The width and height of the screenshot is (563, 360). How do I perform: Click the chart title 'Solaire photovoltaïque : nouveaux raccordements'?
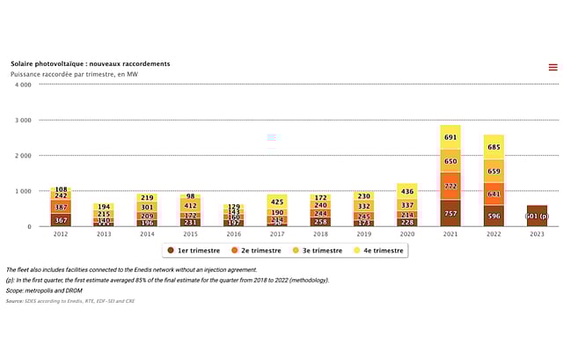pyautogui.click(x=91, y=64)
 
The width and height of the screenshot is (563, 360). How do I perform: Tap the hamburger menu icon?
pyautogui.click(x=552, y=67)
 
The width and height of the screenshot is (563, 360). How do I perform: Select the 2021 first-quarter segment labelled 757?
pyautogui.click(x=450, y=213)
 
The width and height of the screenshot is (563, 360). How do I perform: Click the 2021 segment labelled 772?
pyautogui.click(x=450, y=187)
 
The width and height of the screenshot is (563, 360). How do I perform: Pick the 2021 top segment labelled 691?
pyautogui.click(x=450, y=137)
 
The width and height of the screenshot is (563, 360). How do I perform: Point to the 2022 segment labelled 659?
pyautogui.click(x=494, y=172)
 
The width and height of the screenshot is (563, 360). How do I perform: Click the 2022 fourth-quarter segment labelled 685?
pyautogui.click(x=494, y=147)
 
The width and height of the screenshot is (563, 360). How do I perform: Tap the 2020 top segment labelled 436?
pyautogui.click(x=407, y=191)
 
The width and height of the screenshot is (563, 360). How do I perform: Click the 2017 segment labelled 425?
pyautogui.click(x=277, y=202)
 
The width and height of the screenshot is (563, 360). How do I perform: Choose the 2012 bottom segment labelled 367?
pyautogui.click(x=61, y=220)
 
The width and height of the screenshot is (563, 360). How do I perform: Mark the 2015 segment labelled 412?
pyautogui.click(x=191, y=205)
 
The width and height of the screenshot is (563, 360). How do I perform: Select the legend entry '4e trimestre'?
pyautogui.click(x=375, y=251)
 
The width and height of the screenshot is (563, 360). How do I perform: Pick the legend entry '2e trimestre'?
pyautogui.click(x=253, y=251)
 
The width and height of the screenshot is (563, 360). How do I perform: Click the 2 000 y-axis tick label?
pyautogui.click(x=23, y=155)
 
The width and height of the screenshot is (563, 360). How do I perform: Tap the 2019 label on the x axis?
pyautogui.click(x=364, y=234)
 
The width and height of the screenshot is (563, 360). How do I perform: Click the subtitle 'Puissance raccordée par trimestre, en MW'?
pyautogui.click(x=74, y=75)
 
